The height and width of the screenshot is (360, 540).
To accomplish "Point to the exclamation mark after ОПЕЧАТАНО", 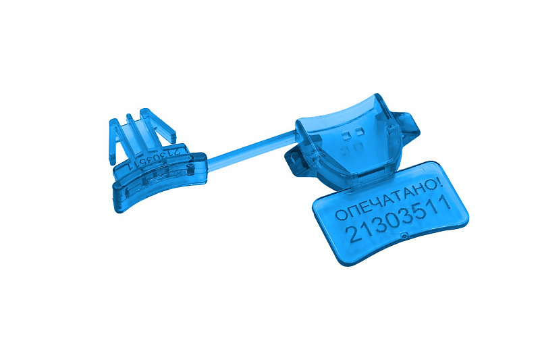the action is click(x=438, y=183).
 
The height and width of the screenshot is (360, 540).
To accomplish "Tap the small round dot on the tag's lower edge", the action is click(x=404, y=236).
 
